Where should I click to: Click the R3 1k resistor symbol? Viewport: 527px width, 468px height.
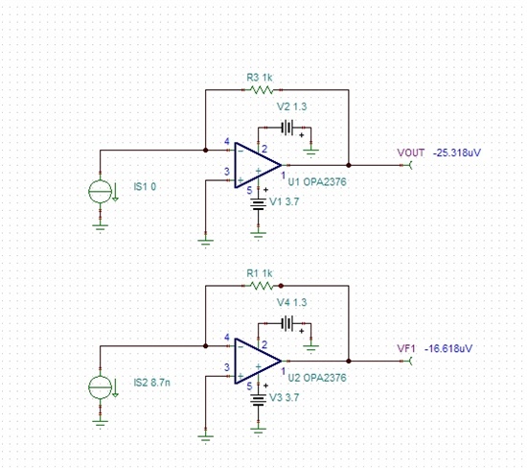coord(262,90)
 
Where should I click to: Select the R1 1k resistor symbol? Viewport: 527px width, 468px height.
coord(262,286)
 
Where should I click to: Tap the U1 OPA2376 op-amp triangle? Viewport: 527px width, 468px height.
coord(258,165)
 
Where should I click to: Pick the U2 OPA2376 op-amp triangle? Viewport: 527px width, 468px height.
coord(258,361)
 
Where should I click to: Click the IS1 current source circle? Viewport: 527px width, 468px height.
coord(100,191)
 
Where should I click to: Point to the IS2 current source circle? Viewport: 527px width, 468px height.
coord(100,386)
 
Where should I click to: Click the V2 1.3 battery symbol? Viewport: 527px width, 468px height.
coord(287,128)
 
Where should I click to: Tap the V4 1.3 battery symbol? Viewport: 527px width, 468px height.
coord(287,323)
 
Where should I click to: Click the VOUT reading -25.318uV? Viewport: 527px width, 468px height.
coord(457,152)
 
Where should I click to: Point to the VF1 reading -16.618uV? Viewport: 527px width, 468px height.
coord(448,348)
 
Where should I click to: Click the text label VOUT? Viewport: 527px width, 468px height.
coord(411,152)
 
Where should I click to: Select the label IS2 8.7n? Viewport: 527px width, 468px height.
coord(151,383)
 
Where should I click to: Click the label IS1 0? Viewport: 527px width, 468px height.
coord(145,187)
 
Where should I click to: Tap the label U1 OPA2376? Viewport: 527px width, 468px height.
coord(317,182)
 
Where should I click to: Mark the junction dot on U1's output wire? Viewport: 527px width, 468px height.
coord(349,165)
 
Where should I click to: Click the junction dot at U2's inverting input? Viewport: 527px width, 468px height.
coord(206,346)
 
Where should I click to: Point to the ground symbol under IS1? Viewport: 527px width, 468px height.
coord(100,227)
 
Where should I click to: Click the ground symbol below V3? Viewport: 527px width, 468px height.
coord(258,431)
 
